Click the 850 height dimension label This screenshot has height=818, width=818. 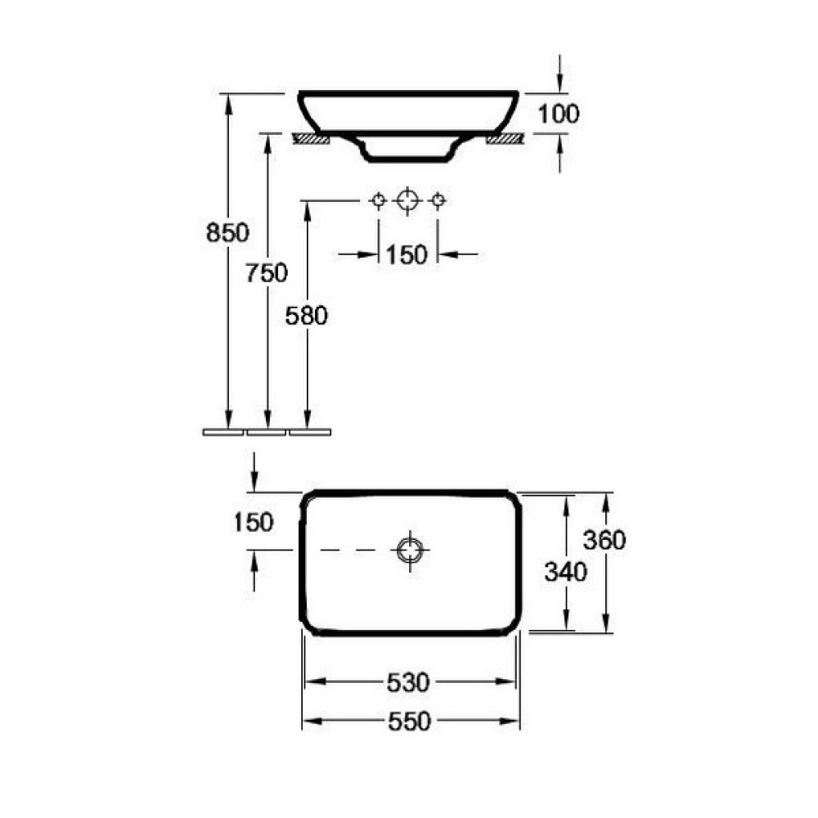pyautogui.click(x=227, y=232)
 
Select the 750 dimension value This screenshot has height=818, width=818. pyautogui.click(x=267, y=273)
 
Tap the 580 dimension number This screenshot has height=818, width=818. pyautogui.click(x=307, y=316)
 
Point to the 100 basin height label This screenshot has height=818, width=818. pyautogui.click(x=558, y=114)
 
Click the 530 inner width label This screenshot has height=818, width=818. pyautogui.click(x=408, y=682)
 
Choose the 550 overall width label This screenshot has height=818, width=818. pyautogui.click(x=410, y=721)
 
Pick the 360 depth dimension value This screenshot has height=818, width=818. pyautogui.click(x=605, y=540)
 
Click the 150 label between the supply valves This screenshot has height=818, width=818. pyautogui.click(x=407, y=254)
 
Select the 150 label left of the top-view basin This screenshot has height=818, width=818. pyautogui.click(x=254, y=522)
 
